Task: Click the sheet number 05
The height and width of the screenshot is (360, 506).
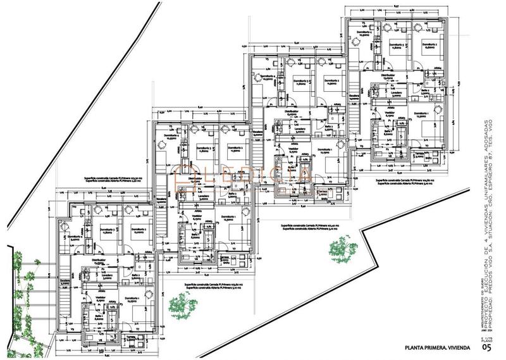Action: click(x=486, y=346)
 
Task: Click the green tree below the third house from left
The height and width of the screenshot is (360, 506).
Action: click(x=338, y=247)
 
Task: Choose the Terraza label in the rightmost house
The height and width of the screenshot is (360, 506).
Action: click(x=419, y=154)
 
